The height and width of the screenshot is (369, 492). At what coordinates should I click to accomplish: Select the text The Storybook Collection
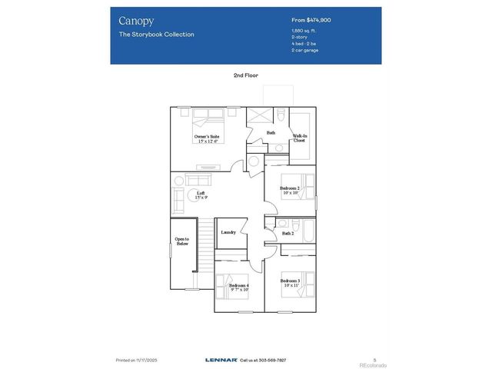point(156,35)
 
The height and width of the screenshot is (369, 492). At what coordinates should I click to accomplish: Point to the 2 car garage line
point(306,51)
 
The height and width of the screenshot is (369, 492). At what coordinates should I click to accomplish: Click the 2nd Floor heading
point(245,75)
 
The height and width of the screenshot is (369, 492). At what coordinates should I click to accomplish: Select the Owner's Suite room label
point(206,138)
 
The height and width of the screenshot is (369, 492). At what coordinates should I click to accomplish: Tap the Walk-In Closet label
point(299,138)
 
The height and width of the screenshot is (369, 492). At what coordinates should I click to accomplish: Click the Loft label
point(201,195)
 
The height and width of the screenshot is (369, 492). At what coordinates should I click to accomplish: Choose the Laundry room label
point(228,232)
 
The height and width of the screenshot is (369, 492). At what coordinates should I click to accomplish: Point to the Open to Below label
point(182,241)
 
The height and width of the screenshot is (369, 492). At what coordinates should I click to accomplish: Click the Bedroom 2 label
point(290,189)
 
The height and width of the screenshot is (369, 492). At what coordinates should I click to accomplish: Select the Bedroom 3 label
point(290,283)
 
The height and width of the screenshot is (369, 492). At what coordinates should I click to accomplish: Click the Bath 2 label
point(288,233)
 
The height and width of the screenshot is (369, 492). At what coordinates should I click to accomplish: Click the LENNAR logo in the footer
point(221,359)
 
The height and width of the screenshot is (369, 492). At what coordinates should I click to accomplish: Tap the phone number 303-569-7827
point(271,359)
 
